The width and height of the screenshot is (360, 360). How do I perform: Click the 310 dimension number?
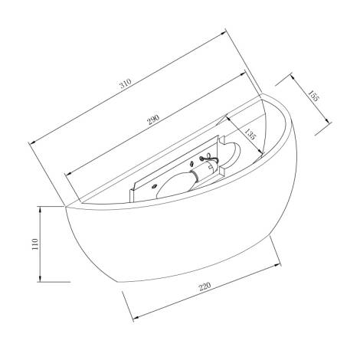tap(126, 83)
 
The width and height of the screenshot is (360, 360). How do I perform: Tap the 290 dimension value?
tap(153, 119)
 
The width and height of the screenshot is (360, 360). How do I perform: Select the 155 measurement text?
tap(313, 96)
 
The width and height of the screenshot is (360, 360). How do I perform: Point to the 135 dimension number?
tap(250, 134)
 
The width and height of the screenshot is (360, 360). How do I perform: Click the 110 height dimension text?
tap(35, 244)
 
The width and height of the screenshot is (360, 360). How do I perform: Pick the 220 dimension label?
tap(205, 286)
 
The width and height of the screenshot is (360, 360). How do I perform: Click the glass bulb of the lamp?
tap(175, 183)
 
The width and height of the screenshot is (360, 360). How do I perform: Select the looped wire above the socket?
tap(209, 159)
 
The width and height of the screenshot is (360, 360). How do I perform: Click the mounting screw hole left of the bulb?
tap(154, 186)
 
